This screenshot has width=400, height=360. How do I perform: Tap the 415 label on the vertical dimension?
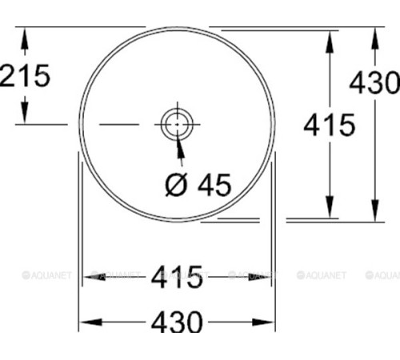pyautogui.click(x=329, y=124)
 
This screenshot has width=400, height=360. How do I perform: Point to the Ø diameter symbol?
pyautogui.click(x=176, y=186)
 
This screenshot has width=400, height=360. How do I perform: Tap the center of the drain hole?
pyautogui.click(x=176, y=124)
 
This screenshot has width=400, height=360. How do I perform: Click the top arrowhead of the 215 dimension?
pyautogui.click(x=26, y=37)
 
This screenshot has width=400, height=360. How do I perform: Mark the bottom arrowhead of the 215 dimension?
pyautogui.click(x=26, y=116)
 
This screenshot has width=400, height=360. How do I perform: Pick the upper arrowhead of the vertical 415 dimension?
pyautogui.click(x=329, y=38)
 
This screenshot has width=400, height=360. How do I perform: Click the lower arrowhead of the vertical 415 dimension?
pyautogui.click(x=329, y=209)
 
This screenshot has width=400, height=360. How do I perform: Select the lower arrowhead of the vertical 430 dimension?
pyautogui.click(x=374, y=212)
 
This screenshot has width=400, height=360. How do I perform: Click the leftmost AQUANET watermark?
pyautogui.click(x=46, y=276)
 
